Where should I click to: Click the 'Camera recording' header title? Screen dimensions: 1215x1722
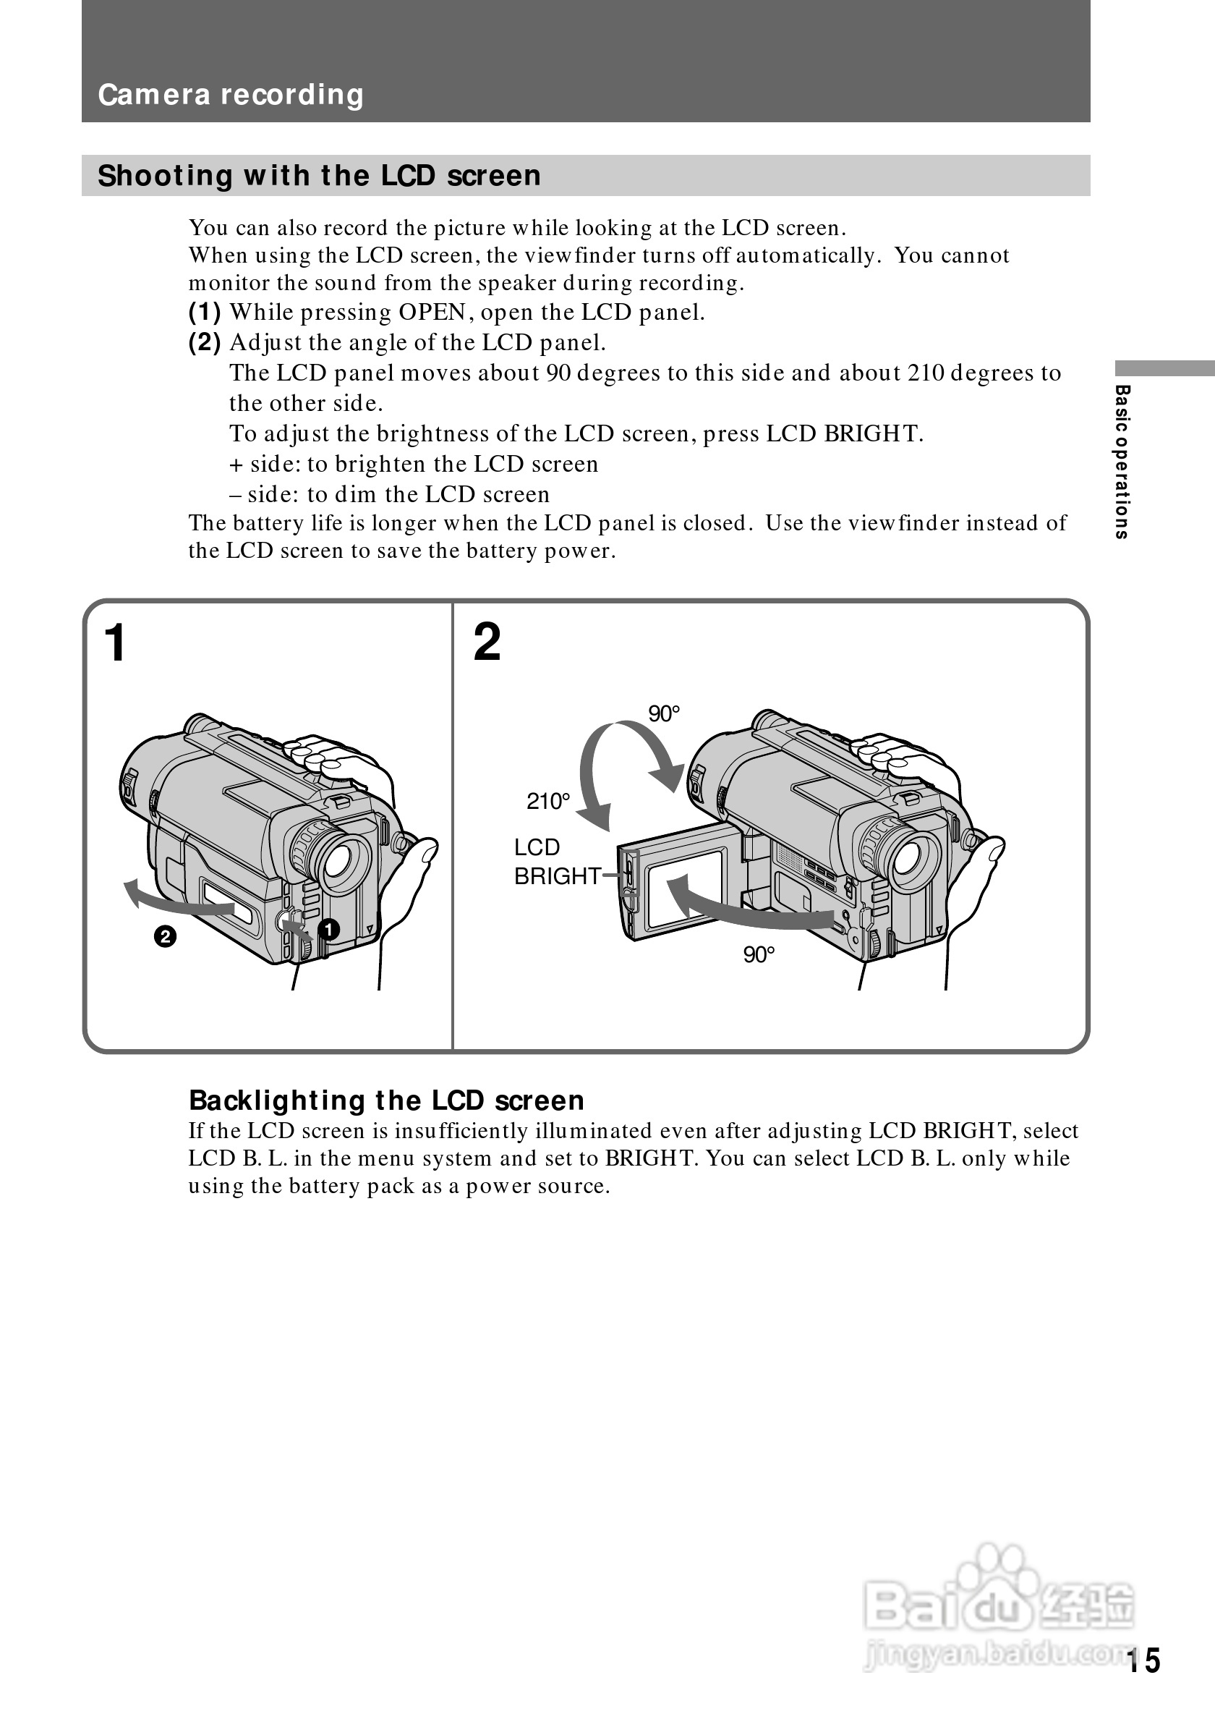click(230, 95)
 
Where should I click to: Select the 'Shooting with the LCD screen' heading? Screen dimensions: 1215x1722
click(318, 176)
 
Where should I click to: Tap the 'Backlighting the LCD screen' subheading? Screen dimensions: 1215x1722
click(386, 1100)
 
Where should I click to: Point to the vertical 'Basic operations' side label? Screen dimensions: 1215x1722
click(1121, 462)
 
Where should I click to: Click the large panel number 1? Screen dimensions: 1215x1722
click(116, 642)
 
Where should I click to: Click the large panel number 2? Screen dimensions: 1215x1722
click(487, 642)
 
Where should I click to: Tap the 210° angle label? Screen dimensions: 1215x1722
click(548, 802)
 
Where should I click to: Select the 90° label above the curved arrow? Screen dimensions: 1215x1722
click(663, 713)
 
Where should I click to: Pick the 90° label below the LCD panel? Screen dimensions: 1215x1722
click(759, 955)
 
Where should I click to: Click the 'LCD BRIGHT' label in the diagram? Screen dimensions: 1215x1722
click(556, 862)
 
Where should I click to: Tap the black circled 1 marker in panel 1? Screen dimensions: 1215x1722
click(328, 930)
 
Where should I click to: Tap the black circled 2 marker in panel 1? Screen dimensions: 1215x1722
click(165, 937)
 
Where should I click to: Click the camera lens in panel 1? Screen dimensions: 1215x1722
click(346, 862)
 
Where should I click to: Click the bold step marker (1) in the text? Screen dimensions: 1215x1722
click(205, 312)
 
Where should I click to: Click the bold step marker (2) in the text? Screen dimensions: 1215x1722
click(205, 343)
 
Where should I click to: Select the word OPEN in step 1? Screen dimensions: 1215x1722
click(432, 312)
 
